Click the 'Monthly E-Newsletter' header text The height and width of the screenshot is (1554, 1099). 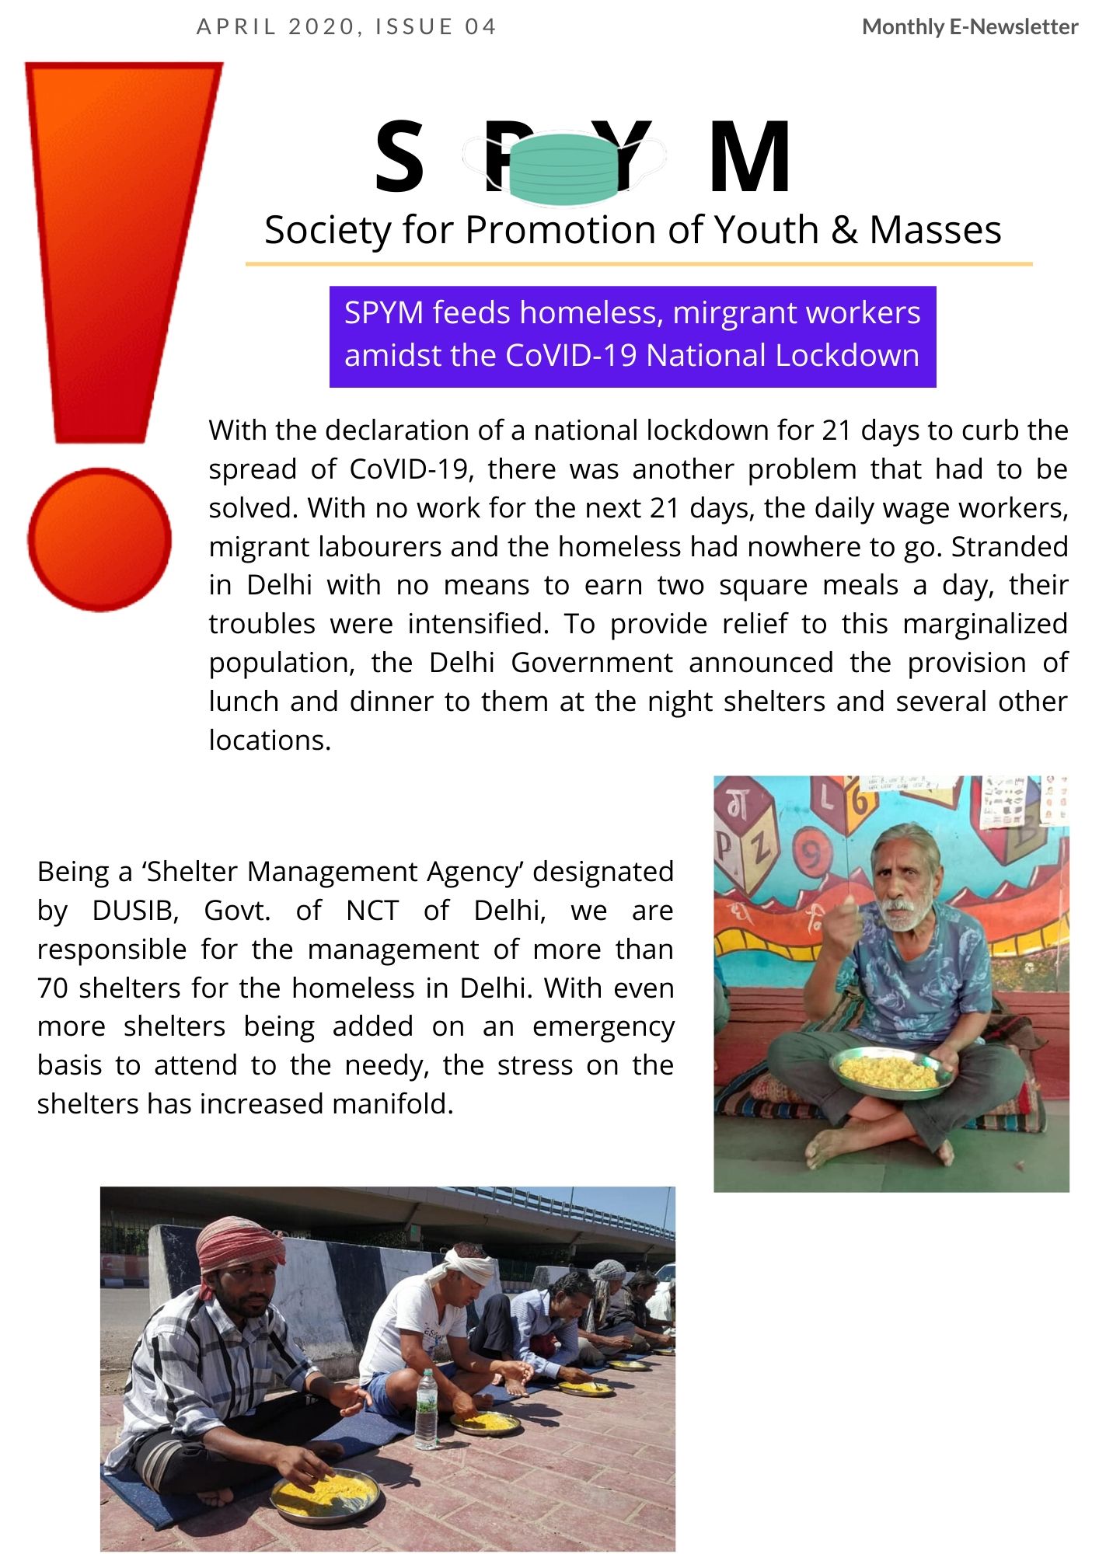pos(969,27)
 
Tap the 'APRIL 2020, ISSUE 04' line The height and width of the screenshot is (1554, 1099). pos(347,27)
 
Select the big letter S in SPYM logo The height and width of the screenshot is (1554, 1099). pos(399,158)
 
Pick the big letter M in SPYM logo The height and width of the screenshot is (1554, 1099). pos(749,158)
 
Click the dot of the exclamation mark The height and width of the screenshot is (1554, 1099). pos(99,539)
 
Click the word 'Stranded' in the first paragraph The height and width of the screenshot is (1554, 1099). pos(1010,547)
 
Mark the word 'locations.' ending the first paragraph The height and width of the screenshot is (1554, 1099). pos(270,740)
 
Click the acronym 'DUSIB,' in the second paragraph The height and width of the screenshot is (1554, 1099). pos(135,911)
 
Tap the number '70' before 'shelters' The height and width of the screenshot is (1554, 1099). pos(53,988)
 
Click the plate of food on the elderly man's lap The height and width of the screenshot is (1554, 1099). pos(890,1071)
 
